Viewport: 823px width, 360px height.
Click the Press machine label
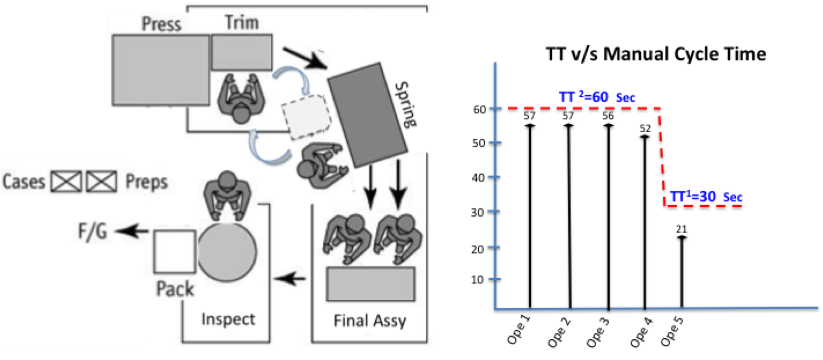tap(161, 24)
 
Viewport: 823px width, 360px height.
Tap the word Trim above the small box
tap(242, 22)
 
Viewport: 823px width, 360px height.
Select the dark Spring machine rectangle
tap(368, 115)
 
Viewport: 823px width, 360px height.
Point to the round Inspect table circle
tap(227, 252)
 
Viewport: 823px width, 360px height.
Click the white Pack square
tap(175, 252)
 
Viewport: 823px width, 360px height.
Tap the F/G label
tap(93, 232)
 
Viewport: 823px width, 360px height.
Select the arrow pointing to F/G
tap(132, 231)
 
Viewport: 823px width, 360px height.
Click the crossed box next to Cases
tap(67, 182)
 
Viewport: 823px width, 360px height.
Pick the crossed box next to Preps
tap(102, 182)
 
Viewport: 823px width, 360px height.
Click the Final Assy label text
tap(370, 321)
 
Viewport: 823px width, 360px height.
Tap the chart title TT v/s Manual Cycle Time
tap(656, 54)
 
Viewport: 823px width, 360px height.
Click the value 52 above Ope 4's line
tap(645, 128)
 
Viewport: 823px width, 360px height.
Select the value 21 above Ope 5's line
tap(681, 229)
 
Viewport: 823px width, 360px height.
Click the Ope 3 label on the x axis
tap(598, 332)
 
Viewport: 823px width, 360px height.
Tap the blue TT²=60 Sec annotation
tap(597, 97)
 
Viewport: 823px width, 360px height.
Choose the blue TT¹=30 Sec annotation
tap(706, 197)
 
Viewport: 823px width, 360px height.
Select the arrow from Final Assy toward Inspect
tap(290, 278)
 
